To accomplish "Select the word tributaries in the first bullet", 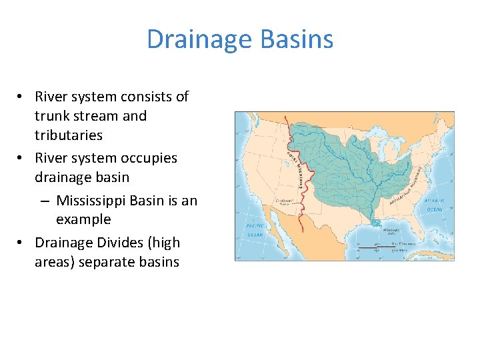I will (69, 135).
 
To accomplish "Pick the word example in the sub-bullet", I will (83, 219).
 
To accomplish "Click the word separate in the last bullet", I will (105, 262).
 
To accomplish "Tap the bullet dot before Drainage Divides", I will (22, 243).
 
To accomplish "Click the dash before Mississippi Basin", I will (44, 200).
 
